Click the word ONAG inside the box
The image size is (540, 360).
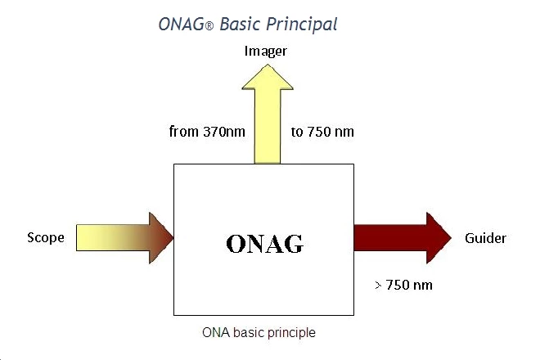(x=263, y=243)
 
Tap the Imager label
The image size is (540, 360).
(x=267, y=52)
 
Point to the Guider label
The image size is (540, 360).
(x=485, y=238)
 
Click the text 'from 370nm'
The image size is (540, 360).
(x=206, y=131)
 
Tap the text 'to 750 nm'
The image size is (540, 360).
(x=322, y=131)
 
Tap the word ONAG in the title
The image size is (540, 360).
(x=182, y=24)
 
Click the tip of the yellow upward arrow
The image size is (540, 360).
(x=267, y=65)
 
